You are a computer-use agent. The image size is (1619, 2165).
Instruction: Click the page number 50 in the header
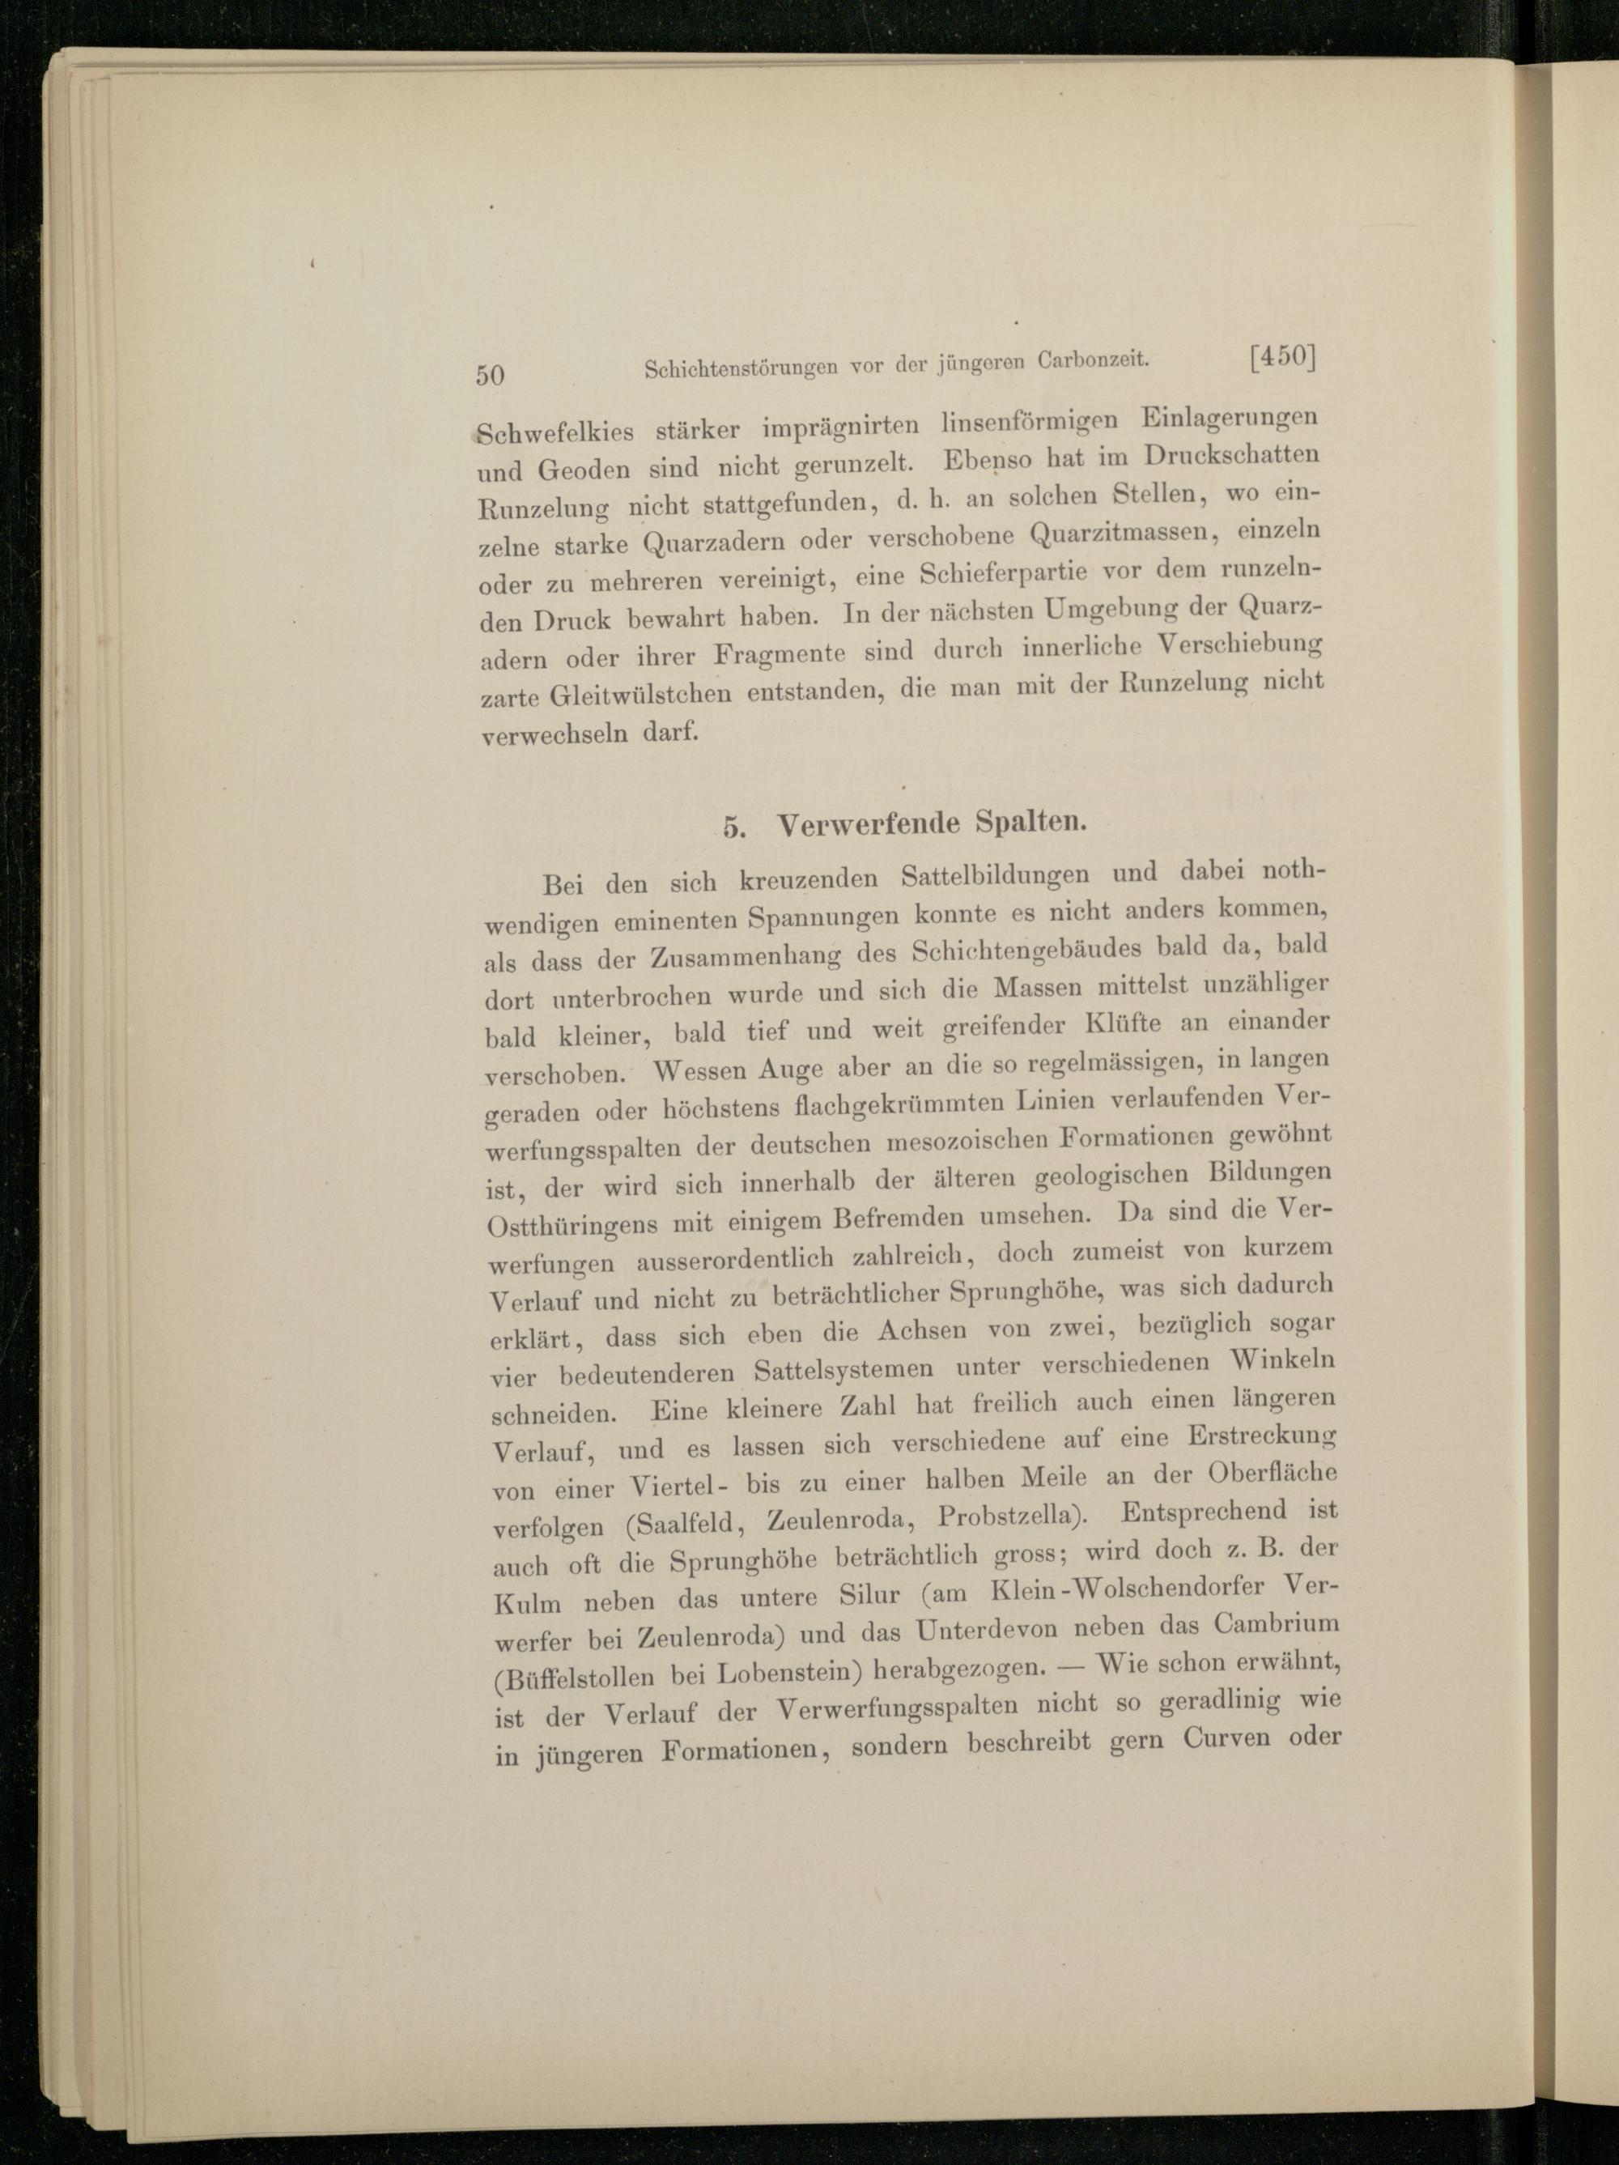click(491, 375)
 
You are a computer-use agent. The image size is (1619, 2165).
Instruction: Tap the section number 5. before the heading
click(734, 826)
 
